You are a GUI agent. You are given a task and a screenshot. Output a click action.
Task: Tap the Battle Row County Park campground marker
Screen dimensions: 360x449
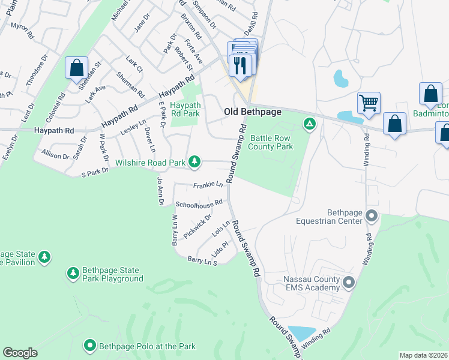coord(310,124)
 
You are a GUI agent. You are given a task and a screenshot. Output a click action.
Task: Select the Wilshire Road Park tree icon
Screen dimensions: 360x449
coord(194,161)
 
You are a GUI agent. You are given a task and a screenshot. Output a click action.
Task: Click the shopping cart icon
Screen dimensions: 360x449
coord(369,102)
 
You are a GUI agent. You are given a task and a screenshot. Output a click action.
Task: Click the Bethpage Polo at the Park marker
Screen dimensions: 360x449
coord(90,346)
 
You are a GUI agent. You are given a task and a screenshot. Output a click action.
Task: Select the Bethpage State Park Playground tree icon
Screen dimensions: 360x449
coord(73,274)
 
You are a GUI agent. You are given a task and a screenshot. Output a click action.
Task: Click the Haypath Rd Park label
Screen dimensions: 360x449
coord(185,109)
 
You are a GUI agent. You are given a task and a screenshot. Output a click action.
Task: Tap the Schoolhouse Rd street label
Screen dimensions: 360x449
coord(199,205)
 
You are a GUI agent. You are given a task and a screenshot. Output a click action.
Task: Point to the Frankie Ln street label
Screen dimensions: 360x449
coord(208,185)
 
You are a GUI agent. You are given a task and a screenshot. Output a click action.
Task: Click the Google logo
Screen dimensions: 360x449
coord(20,353)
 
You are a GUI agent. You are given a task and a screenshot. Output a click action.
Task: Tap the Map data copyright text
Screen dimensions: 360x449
coord(424,355)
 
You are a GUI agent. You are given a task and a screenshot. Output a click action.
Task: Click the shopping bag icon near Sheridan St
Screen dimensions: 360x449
coord(76,68)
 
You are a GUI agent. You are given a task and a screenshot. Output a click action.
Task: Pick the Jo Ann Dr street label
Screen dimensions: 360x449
coord(160,191)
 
